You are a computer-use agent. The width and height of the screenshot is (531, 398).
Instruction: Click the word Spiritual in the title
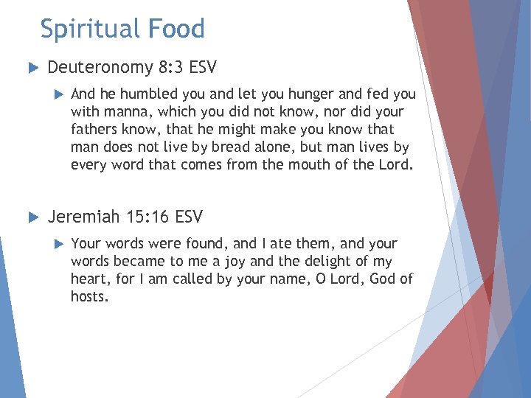click(x=91, y=29)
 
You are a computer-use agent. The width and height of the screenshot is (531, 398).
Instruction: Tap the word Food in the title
click(x=177, y=29)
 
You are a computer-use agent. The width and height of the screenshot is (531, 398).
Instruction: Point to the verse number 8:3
click(x=170, y=68)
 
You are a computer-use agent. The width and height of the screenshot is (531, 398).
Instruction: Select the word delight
click(x=316, y=261)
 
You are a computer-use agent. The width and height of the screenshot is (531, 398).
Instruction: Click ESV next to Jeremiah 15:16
click(x=188, y=217)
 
